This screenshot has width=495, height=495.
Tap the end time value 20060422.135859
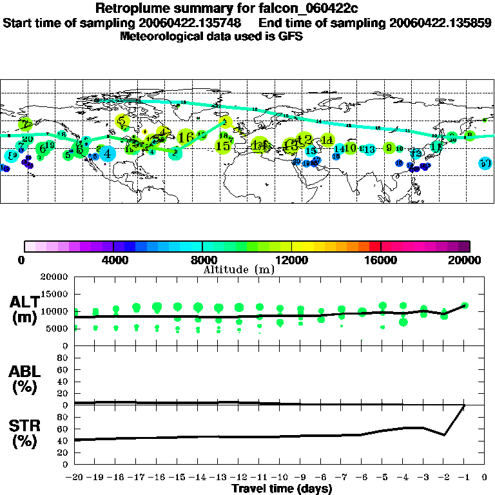pos(440,23)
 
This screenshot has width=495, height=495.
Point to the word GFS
pos(290,36)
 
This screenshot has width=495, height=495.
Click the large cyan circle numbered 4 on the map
pos(107,153)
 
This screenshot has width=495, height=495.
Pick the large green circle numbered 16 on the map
pos(186,137)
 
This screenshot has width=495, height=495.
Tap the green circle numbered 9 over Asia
pos(389,148)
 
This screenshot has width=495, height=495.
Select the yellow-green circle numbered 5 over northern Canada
pos(122,121)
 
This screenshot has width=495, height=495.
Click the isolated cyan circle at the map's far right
pos(485,163)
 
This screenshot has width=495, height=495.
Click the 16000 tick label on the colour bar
pos(381,260)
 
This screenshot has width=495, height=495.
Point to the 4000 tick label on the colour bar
pos(113,260)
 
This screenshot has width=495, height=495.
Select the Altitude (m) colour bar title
pos(239,269)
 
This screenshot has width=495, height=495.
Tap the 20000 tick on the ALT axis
pos(55,277)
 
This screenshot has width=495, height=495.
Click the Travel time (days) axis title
pos(282,489)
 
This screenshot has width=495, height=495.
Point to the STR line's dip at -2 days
pos(443,434)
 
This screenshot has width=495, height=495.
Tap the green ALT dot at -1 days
pos(464,306)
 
